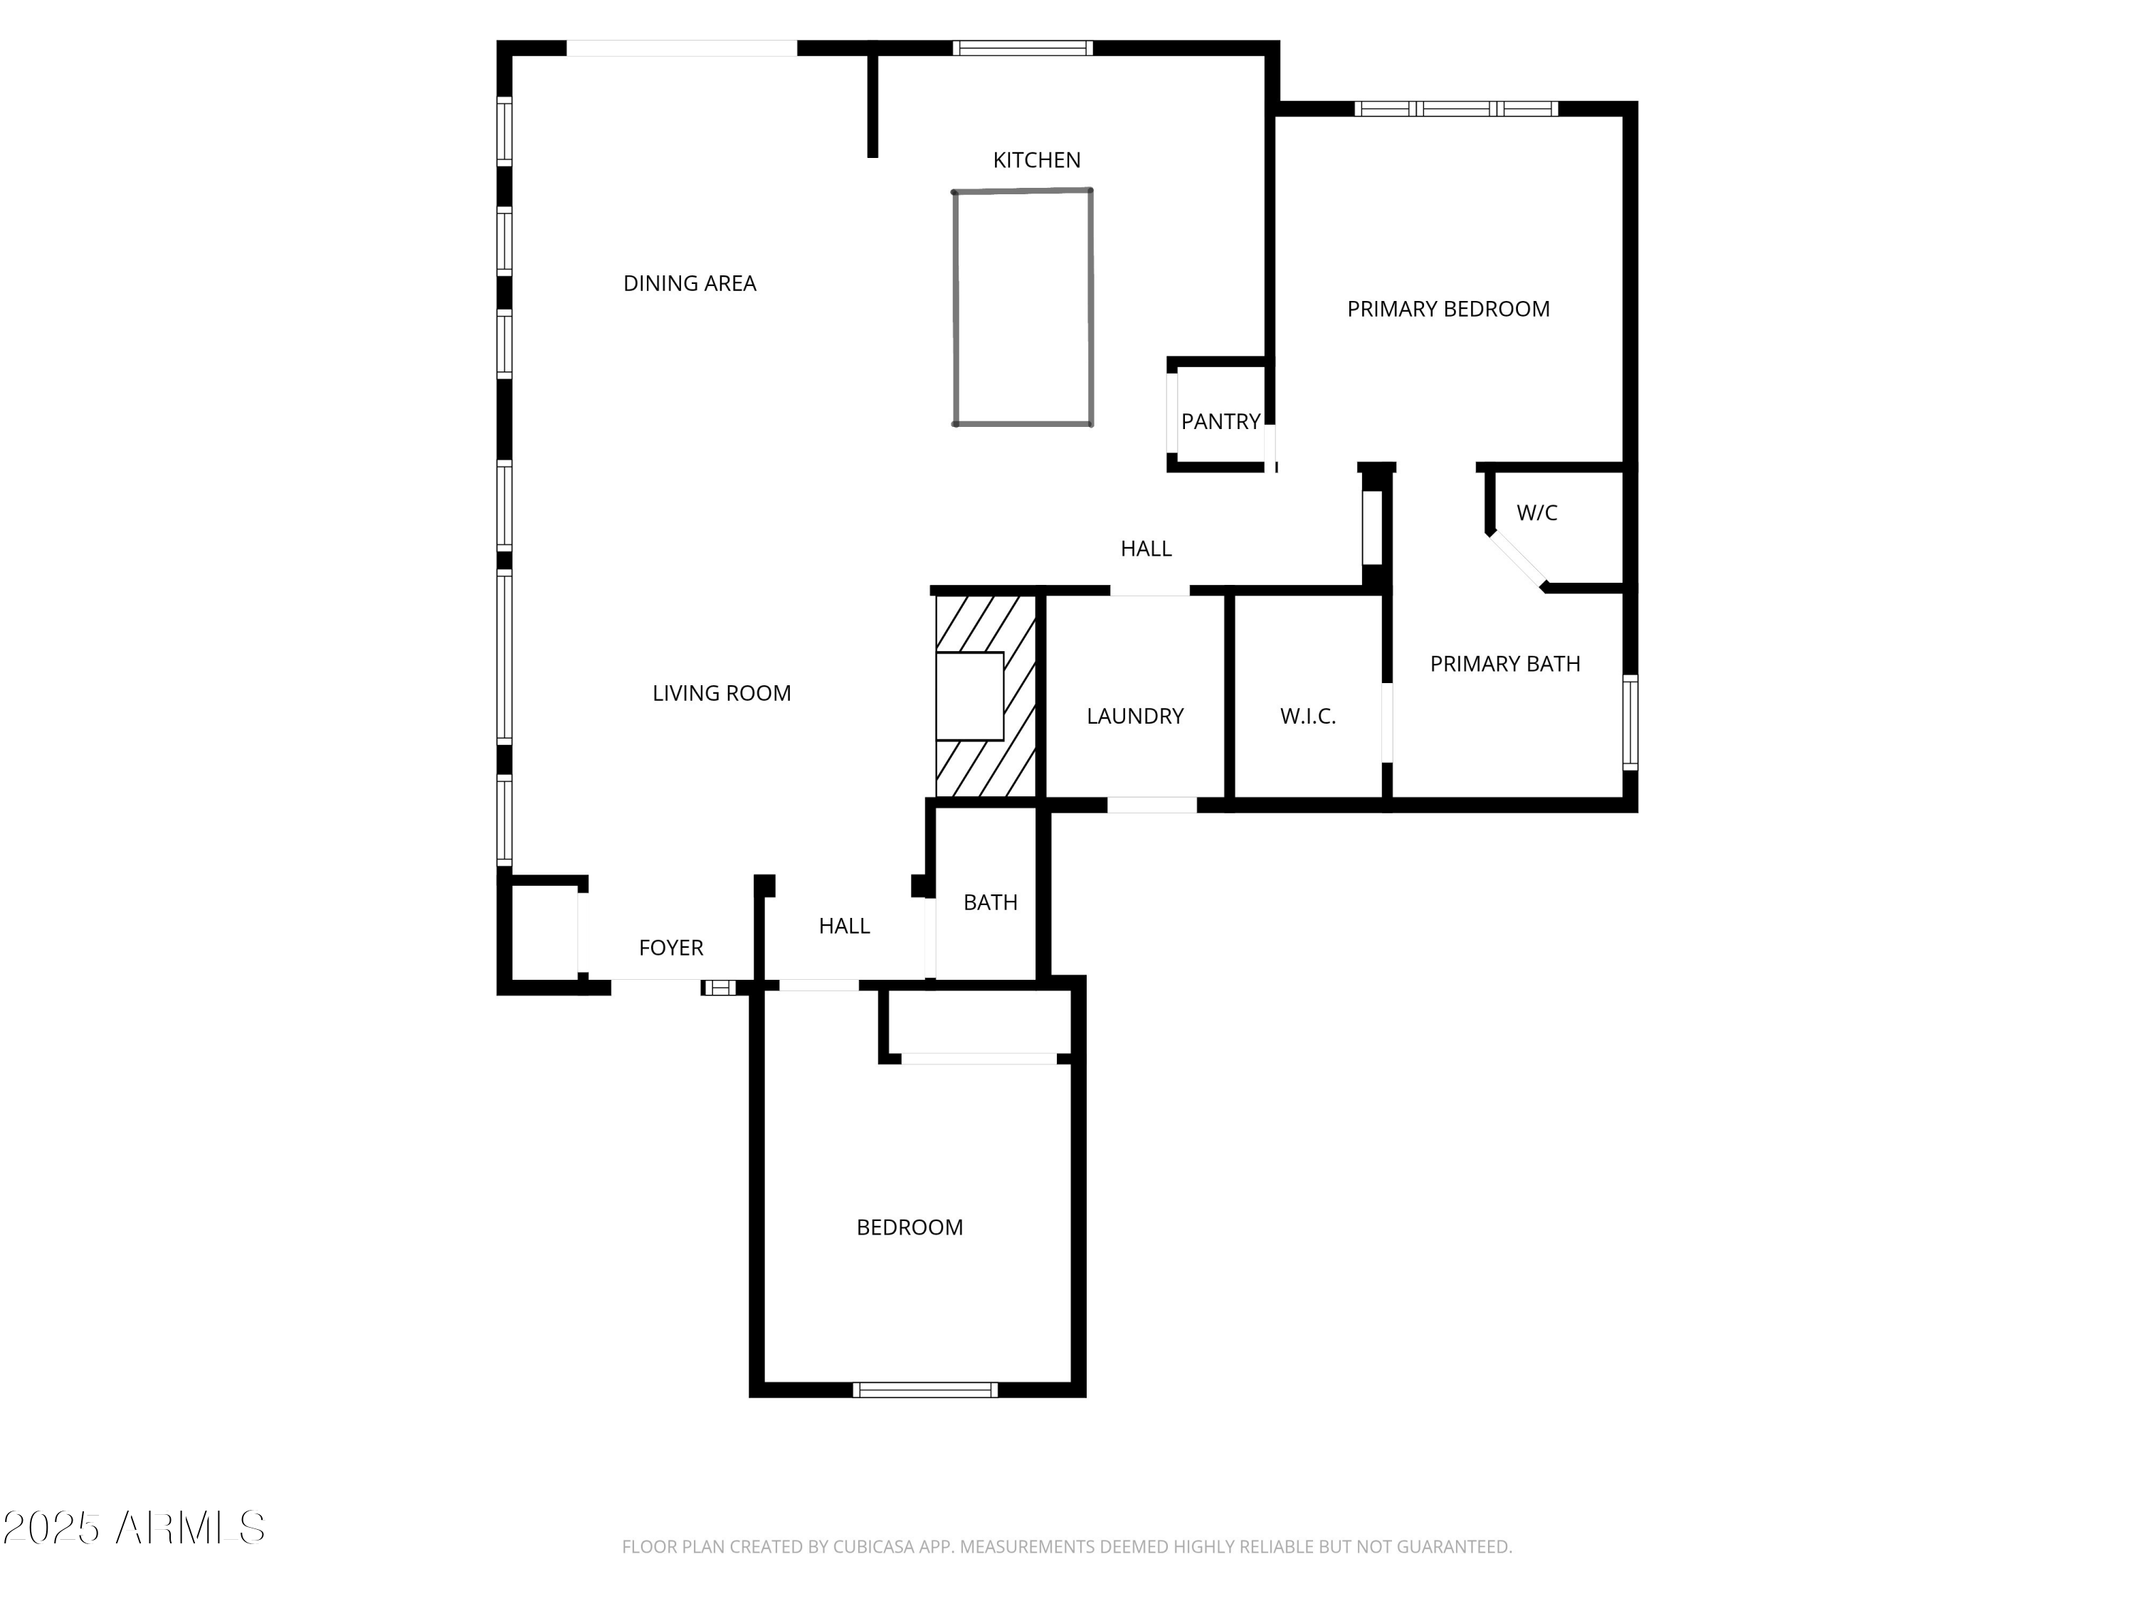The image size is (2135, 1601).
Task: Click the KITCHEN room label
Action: tap(1037, 160)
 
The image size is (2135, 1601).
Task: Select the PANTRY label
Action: tap(1220, 422)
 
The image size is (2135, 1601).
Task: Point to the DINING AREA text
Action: tap(689, 284)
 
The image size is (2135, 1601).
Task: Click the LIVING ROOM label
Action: tap(721, 693)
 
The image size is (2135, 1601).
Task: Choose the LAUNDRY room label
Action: tap(1135, 716)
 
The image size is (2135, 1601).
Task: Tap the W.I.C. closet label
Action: tap(1308, 716)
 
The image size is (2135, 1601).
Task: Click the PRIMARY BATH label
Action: tap(1504, 664)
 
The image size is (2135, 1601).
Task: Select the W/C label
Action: tap(1536, 512)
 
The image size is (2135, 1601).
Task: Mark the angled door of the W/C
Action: tap(1517, 560)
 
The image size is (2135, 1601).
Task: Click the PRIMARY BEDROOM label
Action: tap(1448, 309)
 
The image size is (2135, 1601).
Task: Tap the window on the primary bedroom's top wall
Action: tap(1455, 109)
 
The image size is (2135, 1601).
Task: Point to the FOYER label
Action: tap(671, 948)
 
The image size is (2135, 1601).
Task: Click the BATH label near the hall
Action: tap(991, 902)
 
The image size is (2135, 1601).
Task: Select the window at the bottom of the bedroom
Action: tap(924, 1390)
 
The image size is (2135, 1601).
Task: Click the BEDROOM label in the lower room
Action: tap(910, 1227)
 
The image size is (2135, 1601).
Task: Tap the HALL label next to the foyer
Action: tap(843, 926)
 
